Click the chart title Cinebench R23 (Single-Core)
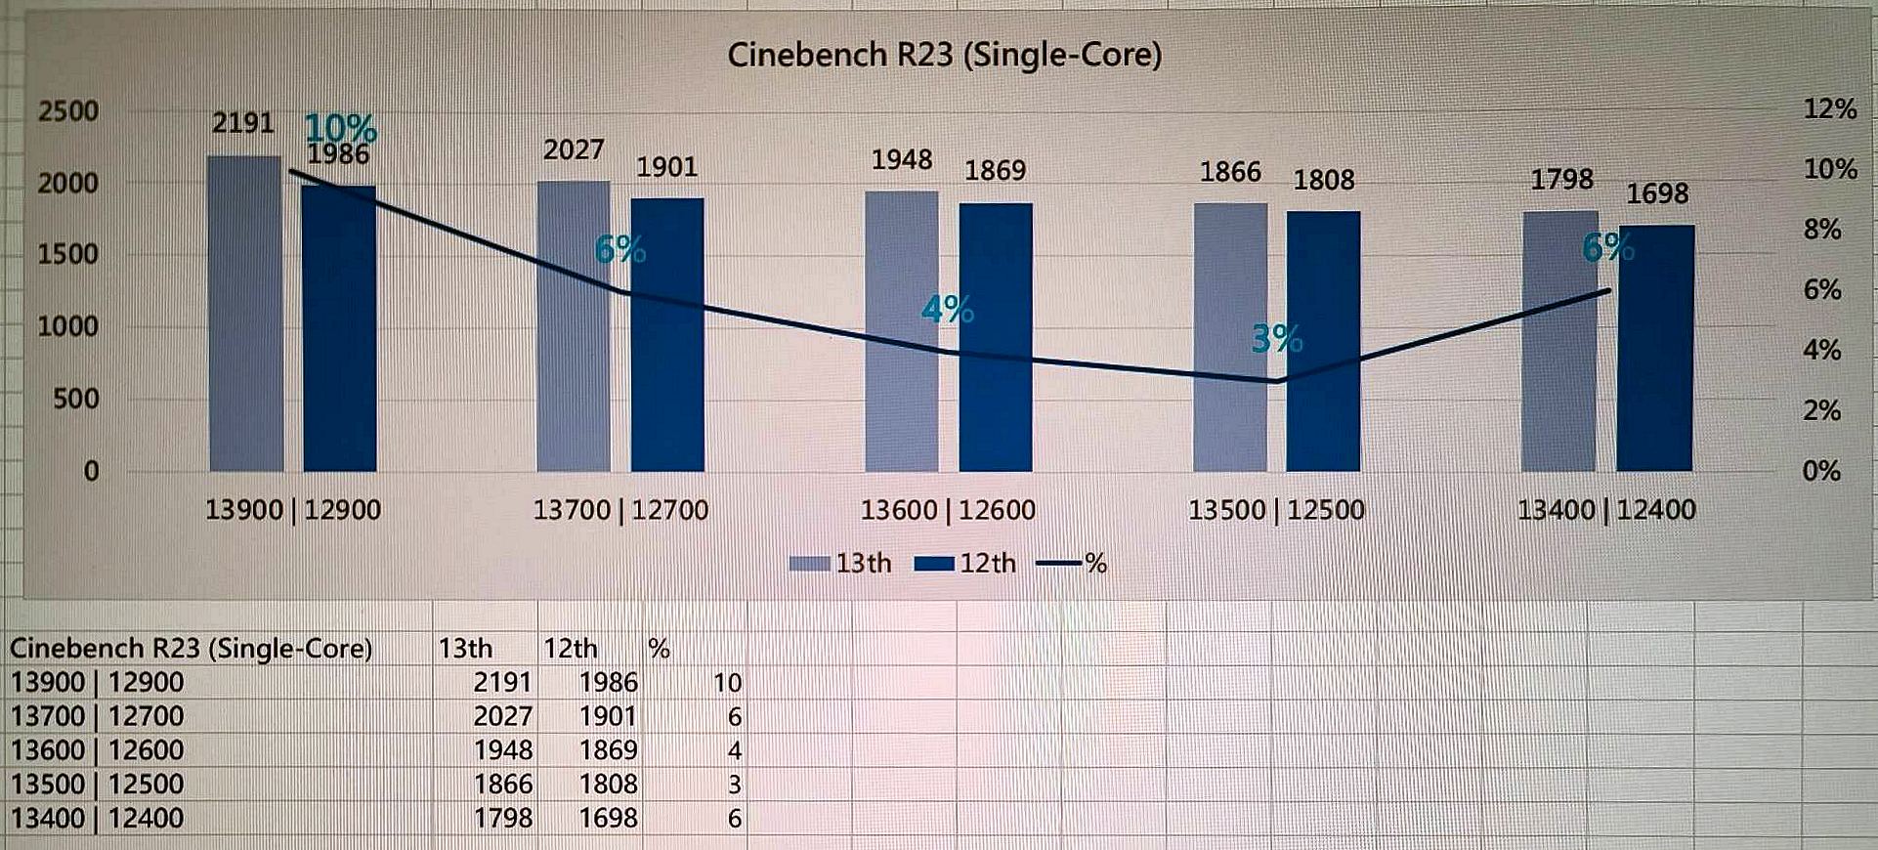point(944,55)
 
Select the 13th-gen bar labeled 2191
point(244,313)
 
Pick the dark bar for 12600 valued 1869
point(995,337)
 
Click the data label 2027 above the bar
point(574,149)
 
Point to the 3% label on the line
point(1276,339)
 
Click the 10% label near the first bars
point(340,127)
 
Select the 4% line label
point(947,310)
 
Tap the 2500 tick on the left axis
point(68,110)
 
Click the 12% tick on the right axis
point(1829,108)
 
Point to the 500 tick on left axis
point(75,399)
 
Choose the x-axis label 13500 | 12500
point(1276,510)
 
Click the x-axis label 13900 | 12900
point(293,510)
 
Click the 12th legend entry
point(965,564)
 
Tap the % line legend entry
point(1072,564)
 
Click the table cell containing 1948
point(503,750)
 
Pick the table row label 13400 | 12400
point(97,818)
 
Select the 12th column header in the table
point(570,649)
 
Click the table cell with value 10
point(727,683)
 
